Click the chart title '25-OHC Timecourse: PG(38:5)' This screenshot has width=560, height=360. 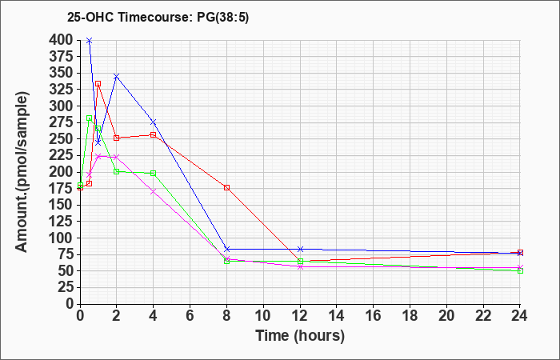pyautogui.click(x=158, y=17)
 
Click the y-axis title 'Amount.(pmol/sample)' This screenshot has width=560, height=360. pyautogui.click(x=22, y=172)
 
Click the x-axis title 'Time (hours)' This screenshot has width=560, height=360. pyautogui.click(x=300, y=336)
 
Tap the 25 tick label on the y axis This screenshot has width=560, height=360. pyautogui.click(x=66, y=287)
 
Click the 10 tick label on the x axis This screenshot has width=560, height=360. pyautogui.click(x=263, y=315)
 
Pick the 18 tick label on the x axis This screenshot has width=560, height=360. pyautogui.click(x=410, y=315)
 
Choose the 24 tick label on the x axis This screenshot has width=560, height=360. pyautogui.click(x=520, y=315)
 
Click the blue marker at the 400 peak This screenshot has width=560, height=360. pyautogui.click(x=90, y=41)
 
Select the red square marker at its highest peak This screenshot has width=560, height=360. pyautogui.click(x=98, y=83)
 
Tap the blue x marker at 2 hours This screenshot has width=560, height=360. pyautogui.click(x=117, y=77)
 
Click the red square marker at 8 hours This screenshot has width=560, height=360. pyautogui.click(x=226, y=187)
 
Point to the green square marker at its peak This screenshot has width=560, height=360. pyautogui.click(x=90, y=118)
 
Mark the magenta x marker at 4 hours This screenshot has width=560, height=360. pyautogui.click(x=154, y=191)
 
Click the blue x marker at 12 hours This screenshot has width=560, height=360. pyautogui.click(x=300, y=249)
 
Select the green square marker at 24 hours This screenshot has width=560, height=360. pyautogui.click(x=520, y=270)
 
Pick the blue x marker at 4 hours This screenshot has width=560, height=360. pyautogui.click(x=154, y=122)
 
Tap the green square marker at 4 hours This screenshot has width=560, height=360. pyautogui.click(x=154, y=174)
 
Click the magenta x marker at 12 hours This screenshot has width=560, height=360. pyautogui.click(x=300, y=266)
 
